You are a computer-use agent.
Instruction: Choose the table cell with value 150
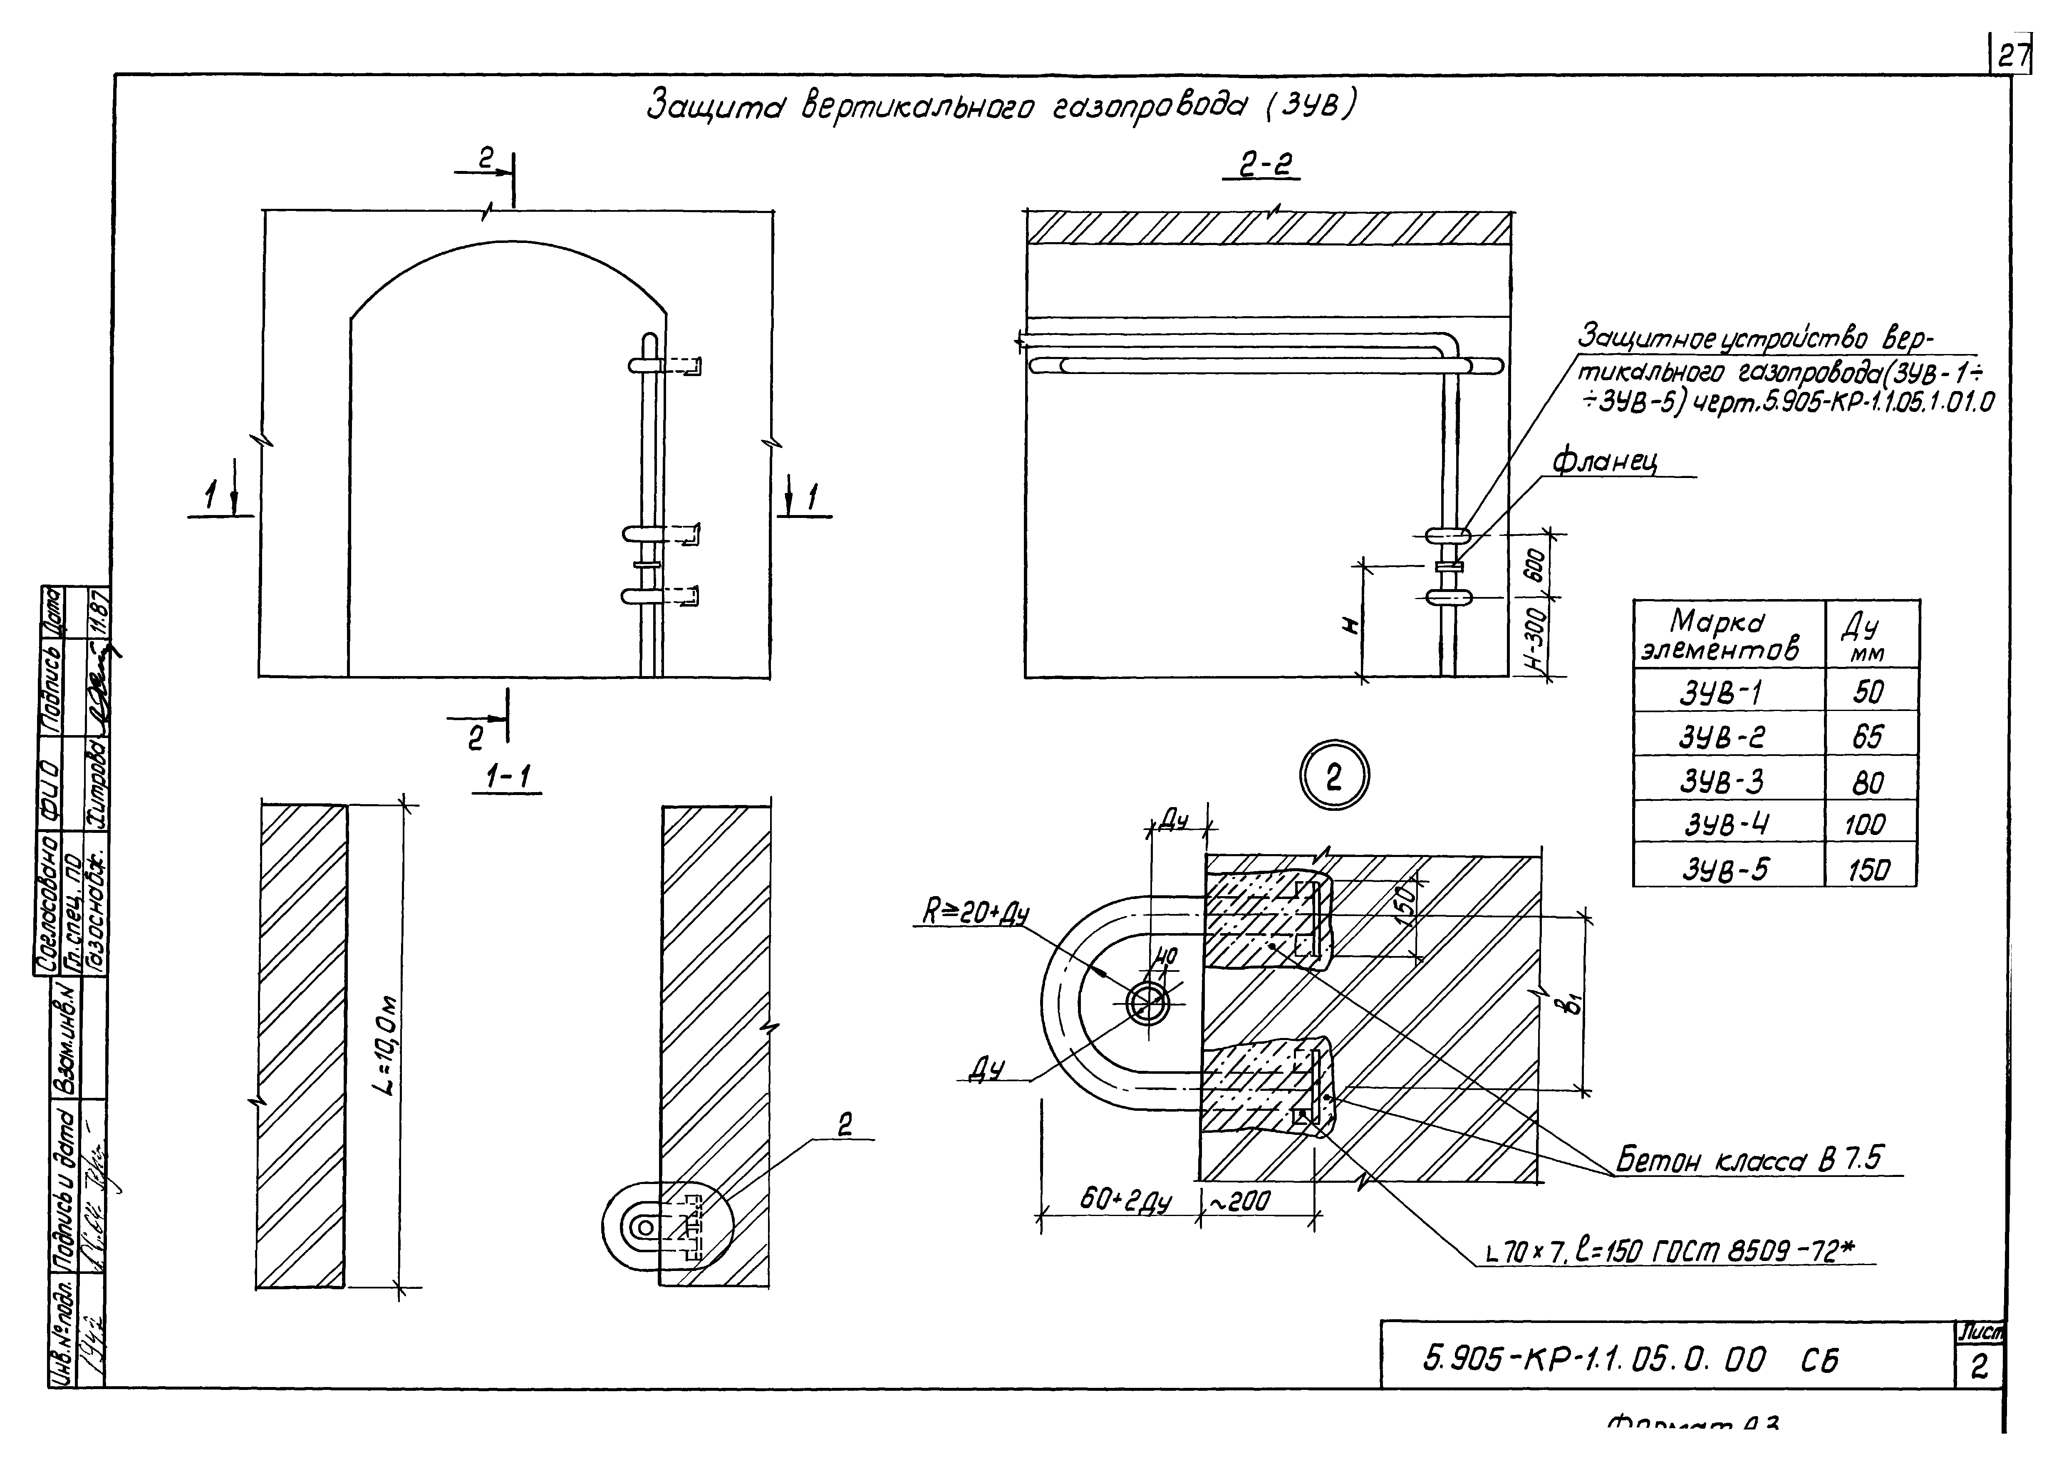point(1869,868)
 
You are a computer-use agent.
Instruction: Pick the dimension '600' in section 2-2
point(1535,565)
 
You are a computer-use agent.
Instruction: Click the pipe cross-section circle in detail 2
point(1148,1002)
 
